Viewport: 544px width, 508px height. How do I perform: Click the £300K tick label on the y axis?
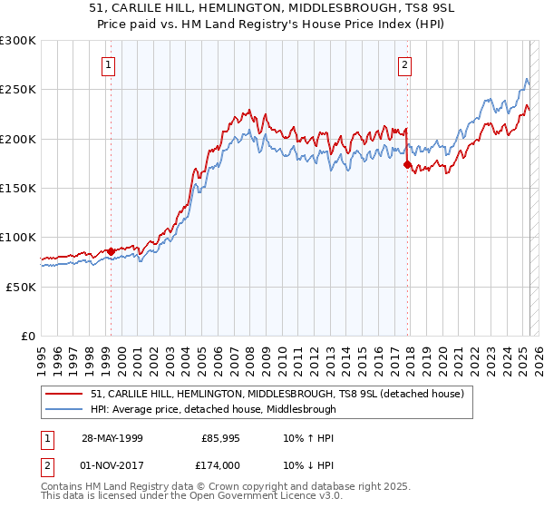[x=18, y=41]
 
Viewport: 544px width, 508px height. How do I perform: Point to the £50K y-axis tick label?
[x=21, y=287]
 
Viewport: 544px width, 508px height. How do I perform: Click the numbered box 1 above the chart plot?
[x=108, y=64]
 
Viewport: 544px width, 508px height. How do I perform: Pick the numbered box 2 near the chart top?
[x=403, y=64]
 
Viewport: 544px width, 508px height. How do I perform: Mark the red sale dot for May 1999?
[x=111, y=251]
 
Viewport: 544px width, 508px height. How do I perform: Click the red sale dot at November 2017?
[x=407, y=165]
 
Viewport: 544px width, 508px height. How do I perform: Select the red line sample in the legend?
[x=64, y=394]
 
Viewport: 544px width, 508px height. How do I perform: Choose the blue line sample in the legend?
[x=64, y=409]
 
